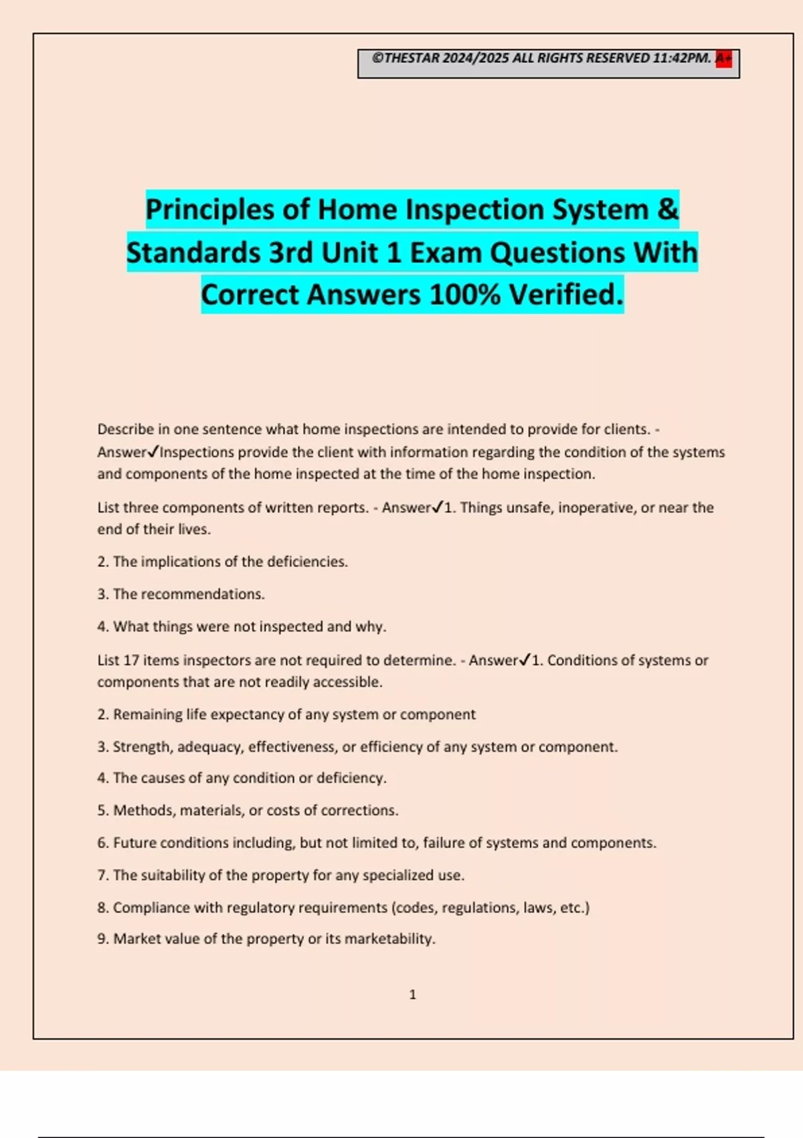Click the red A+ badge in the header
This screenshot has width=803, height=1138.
723,59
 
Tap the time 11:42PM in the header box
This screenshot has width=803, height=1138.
681,58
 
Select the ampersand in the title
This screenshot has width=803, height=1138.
667,210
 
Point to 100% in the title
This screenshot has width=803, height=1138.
464,295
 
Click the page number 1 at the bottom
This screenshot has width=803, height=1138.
412,995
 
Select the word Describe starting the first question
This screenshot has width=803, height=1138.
125,429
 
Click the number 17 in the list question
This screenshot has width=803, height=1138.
131,660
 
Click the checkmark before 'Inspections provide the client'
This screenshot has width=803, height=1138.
153,452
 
